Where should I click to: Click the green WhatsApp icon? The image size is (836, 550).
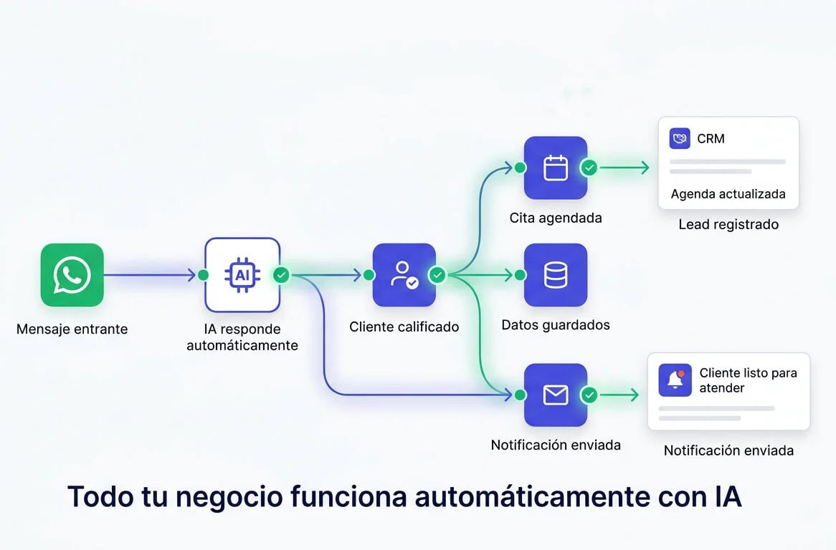[x=72, y=275]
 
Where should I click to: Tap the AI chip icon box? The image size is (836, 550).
[x=242, y=275]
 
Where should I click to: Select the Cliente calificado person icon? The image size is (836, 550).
[x=404, y=275]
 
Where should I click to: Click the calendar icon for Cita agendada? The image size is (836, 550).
[x=555, y=168]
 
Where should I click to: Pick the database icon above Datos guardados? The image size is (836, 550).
[x=555, y=275]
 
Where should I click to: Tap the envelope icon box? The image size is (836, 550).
[x=555, y=395]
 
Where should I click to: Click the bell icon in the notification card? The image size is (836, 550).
[x=675, y=380]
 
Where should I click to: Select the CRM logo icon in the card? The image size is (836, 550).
[x=679, y=138]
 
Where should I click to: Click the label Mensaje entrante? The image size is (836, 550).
[x=72, y=329]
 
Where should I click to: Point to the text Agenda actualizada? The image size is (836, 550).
[x=728, y=194]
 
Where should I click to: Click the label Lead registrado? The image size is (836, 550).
[x=728, y=224]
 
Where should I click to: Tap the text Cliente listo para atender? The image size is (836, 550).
[x=748, y=380]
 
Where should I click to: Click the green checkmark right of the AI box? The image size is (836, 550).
[x=281, y=275]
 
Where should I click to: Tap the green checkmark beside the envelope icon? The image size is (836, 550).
[x=589, y=395]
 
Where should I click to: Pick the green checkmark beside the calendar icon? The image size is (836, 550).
[x=589, y=168]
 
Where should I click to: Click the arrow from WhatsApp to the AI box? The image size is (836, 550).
[x=150, y=275]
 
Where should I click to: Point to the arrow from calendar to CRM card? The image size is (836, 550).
[x=624, y=168]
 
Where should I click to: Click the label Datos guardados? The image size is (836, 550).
[x=555, y=325]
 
